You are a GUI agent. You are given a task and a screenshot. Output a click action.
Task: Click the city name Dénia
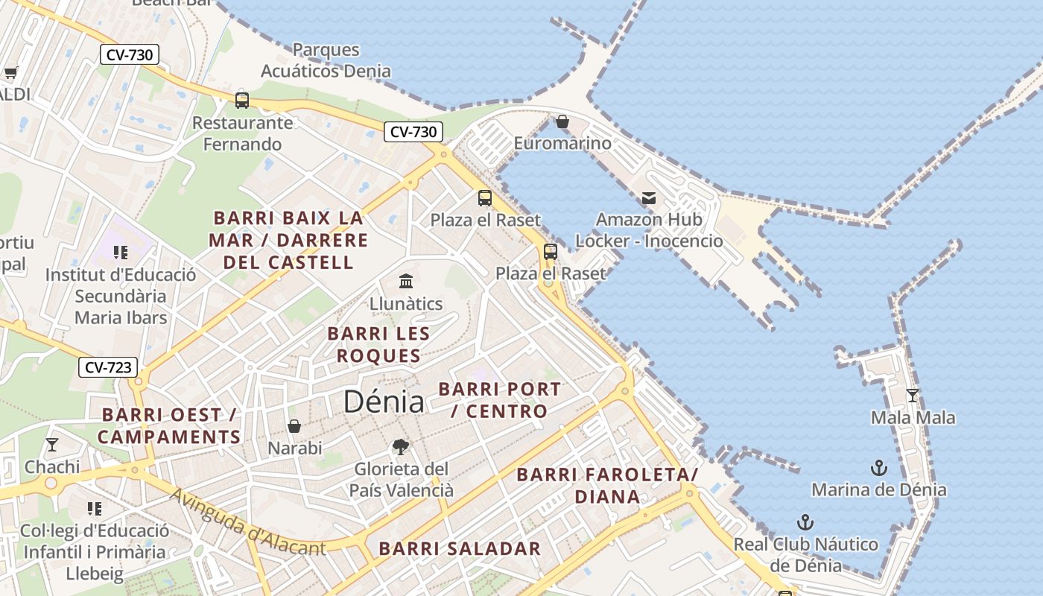[384, 402]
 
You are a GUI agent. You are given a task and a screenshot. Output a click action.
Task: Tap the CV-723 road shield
[109, 367]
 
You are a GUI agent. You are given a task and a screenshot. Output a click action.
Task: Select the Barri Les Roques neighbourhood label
[378, 344]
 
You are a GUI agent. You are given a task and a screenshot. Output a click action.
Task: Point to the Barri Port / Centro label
[499, 400]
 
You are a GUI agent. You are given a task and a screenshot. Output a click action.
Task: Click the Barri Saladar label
[460, 549]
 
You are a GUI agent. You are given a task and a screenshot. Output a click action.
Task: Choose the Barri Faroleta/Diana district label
[607, 485]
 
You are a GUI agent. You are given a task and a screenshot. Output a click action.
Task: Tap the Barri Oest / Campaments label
[169, 425]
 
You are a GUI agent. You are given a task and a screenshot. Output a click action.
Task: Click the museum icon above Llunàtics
[406, 282]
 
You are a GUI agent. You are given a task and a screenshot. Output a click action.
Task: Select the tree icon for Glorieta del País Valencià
[401, 447]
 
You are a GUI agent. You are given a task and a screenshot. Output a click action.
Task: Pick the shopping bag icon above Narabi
[294, 426]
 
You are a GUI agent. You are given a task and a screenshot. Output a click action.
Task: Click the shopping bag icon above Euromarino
[562, 121]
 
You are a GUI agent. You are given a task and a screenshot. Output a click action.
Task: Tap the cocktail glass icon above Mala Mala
[913, 396]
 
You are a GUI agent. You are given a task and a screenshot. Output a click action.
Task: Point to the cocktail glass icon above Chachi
[52, 445]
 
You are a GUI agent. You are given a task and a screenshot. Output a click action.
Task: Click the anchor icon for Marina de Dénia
[879, 468]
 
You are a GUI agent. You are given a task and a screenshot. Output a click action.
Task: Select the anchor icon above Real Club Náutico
[805, 521]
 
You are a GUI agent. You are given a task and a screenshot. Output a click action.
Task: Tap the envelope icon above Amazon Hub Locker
[649, 198]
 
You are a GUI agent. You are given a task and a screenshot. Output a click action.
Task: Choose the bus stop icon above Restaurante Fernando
[242, 100]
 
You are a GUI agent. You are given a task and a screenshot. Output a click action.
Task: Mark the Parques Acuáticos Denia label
[326, 60]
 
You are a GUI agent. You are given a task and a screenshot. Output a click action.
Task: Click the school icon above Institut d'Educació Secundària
[120, 253]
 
